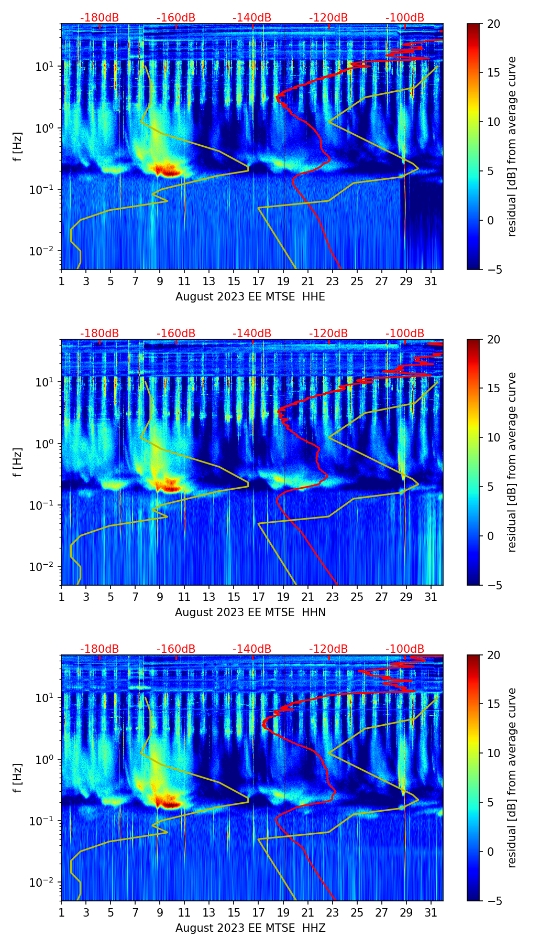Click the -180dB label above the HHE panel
pyautogui.click(x=100, y=18)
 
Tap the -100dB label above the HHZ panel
pyautogui.click(x=405, y=649)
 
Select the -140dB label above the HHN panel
pyautogui.click(x=252, y=333)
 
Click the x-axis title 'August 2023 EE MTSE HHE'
pyautogui.click(x=250, y=297)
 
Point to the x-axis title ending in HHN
pyautogui.click(x=250, y=612)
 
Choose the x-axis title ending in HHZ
pyautogui.click(x=250, y=928)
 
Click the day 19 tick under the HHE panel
pyautogui.click(x=283, y=281)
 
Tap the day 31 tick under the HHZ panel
pyautogui.click(x=431, y=912)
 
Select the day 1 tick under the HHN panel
pyautogui.click(x=61, y=597)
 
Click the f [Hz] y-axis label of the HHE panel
pyautogui.click(x=18, y=146)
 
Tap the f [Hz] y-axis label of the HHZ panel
pyautogui.click(x=18, y=778)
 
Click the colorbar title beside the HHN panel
pyautogui.click(x=512, y=462)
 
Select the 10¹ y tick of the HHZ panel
pyautogui.click(x=45, y=698)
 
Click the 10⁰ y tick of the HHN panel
pyautogui.click(x=45, y=444)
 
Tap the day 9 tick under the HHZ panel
pyautogui.click(x=160, y=912)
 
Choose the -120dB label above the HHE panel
pyautogui.click(x=328, y=18)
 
